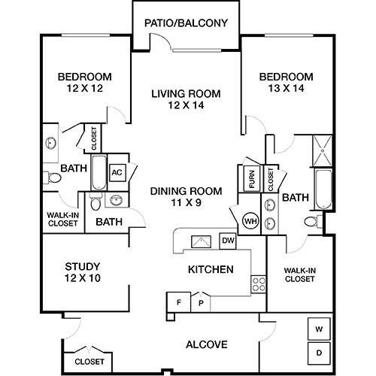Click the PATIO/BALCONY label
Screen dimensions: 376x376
[x=186, y=23]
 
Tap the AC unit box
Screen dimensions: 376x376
[x=117, y=172]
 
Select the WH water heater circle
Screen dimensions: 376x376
[x=250, y=221]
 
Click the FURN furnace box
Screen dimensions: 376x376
[x=252, y=179]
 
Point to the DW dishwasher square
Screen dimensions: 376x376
[x=228, y=241]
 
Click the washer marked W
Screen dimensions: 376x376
[x=319, y=329]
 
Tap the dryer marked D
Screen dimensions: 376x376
[x=319, y=353]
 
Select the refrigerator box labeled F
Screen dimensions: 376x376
[x=179, y=302]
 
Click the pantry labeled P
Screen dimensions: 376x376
[x=201, y=303]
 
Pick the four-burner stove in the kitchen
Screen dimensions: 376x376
[x=259, y=284]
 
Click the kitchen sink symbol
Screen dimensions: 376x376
[x=201, y=241]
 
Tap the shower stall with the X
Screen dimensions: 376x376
[x=323, y=151]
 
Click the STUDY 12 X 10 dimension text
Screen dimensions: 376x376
[x=83, y=278]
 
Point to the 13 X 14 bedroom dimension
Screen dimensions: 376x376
[x=287, y=88]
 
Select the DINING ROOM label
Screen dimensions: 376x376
[x=186, y=191]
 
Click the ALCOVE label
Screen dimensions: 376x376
[x=207, y=344]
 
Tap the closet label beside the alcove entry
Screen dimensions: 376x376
[x=89, y=362]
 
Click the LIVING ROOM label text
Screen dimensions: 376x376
[x=186, y=94]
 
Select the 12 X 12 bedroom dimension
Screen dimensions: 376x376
[x=85, y=88]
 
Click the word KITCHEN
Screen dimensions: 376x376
[x=211, y=269]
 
